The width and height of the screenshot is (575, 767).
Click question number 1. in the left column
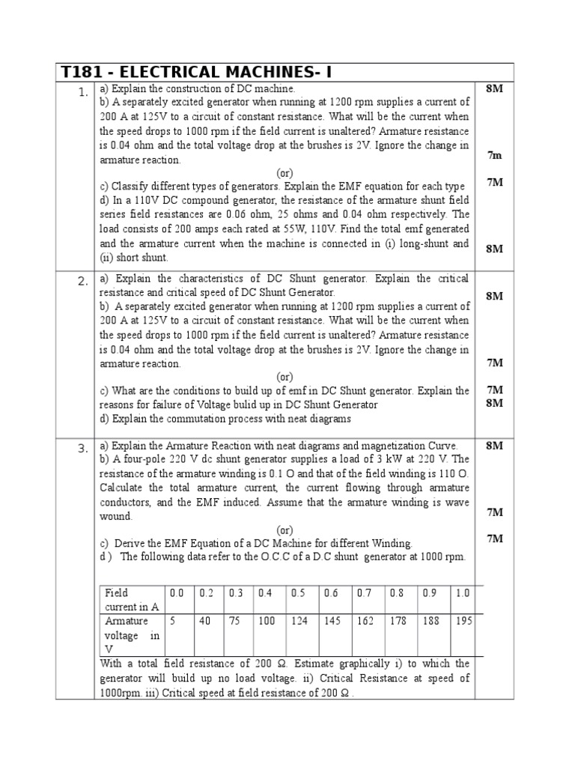tap(82, 92)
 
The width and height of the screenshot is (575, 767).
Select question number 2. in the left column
tap(82, 282)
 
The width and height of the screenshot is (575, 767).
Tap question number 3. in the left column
tap(82, 449)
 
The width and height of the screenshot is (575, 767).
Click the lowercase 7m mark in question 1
tap(494, 155)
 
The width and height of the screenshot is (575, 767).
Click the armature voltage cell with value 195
tap(463, 621)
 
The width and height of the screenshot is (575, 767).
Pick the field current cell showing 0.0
tap(177, 592)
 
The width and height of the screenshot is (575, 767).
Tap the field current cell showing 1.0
tap(463, 592)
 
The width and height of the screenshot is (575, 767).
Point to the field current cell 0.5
tap(298, 592)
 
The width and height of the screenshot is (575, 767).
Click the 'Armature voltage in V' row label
tap(132, 635)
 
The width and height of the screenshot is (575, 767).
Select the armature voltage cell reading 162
tap(365, 621)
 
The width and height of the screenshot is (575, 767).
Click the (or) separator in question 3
tap(285, 530)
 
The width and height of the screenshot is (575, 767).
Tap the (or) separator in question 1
tap(285, 173)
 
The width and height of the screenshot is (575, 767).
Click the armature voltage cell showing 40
tap(205, 621)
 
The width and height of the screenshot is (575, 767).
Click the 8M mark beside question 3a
tap(494, 446)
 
